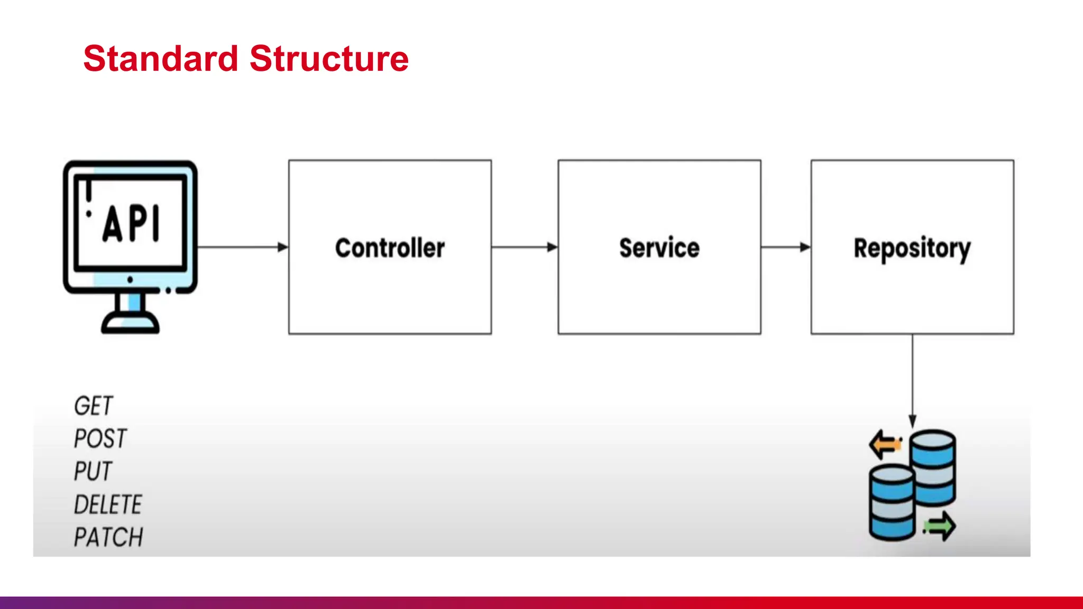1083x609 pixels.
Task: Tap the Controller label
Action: [x=390, y=248]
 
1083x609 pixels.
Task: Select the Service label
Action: [x=659, y=248]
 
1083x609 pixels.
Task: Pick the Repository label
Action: [x=912, y=248]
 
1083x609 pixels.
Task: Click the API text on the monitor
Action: [x=132, y=224]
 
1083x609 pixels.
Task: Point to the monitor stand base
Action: [x=130, y=322]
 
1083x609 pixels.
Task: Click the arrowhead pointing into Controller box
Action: [x=283, y=247]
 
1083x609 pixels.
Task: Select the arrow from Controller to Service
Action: [x=524, y=247]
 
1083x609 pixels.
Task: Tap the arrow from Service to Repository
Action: [x=786, y=247]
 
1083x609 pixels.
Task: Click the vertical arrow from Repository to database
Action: [x=912, y=381]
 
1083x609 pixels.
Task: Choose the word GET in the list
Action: [x=93, y=406]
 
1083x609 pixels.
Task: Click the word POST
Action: [x=100, y=439]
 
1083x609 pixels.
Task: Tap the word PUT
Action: [x=93, y=472]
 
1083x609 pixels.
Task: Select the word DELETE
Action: [x=108, y=504]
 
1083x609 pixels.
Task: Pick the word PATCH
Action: [x=108, y=537]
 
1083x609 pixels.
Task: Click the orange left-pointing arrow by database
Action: [x=885, y=444]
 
